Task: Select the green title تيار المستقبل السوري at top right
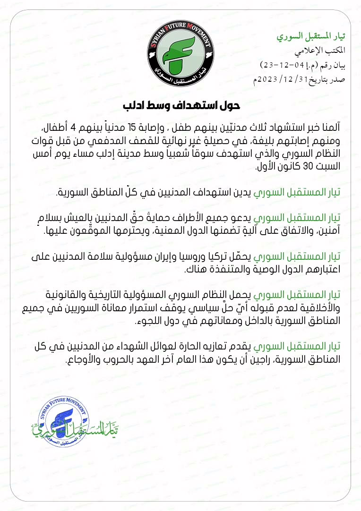click(x=310, y=37)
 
